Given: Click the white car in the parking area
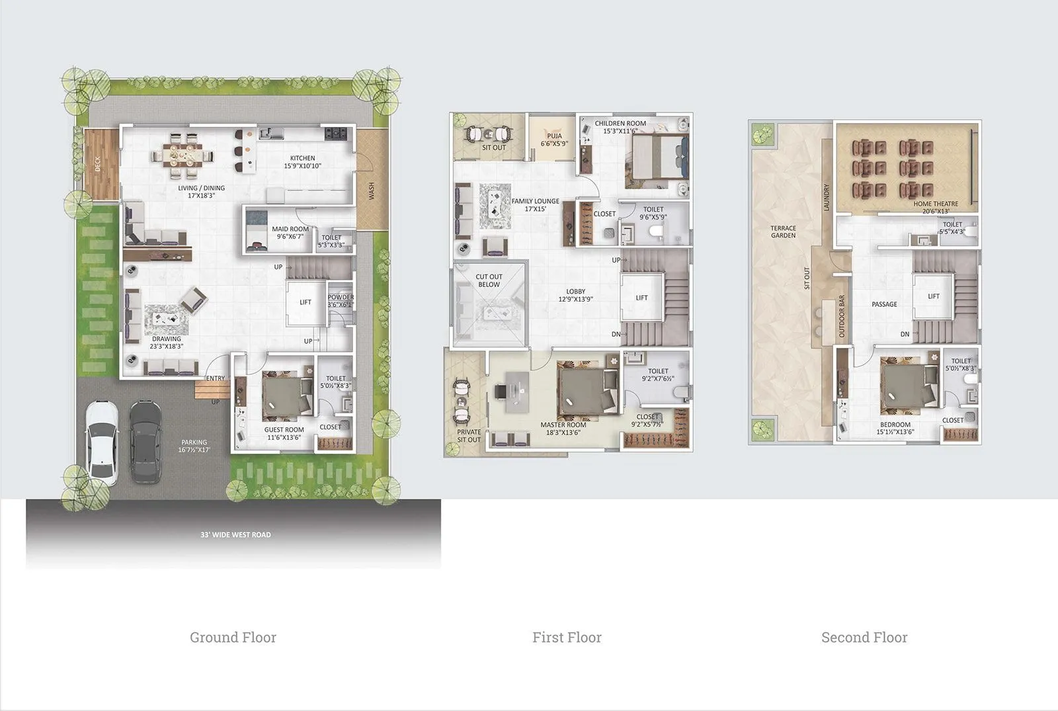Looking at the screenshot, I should tap(102, 442).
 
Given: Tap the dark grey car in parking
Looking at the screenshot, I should tap(145, 442).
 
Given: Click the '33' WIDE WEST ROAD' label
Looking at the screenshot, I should tap(235, 534).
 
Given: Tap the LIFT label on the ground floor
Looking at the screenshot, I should tap(305, 302).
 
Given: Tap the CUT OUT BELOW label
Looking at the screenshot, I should tap(489, 280).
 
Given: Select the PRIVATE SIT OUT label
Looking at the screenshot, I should tap(469, 436).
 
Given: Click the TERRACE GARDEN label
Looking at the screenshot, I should tap(783, 231).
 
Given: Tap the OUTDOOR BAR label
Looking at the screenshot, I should tap(842, 316).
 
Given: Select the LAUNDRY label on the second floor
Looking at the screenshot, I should tap(826, 197).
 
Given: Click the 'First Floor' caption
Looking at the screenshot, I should tap(567, 638).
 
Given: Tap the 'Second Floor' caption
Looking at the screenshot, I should tap(864, 638).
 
